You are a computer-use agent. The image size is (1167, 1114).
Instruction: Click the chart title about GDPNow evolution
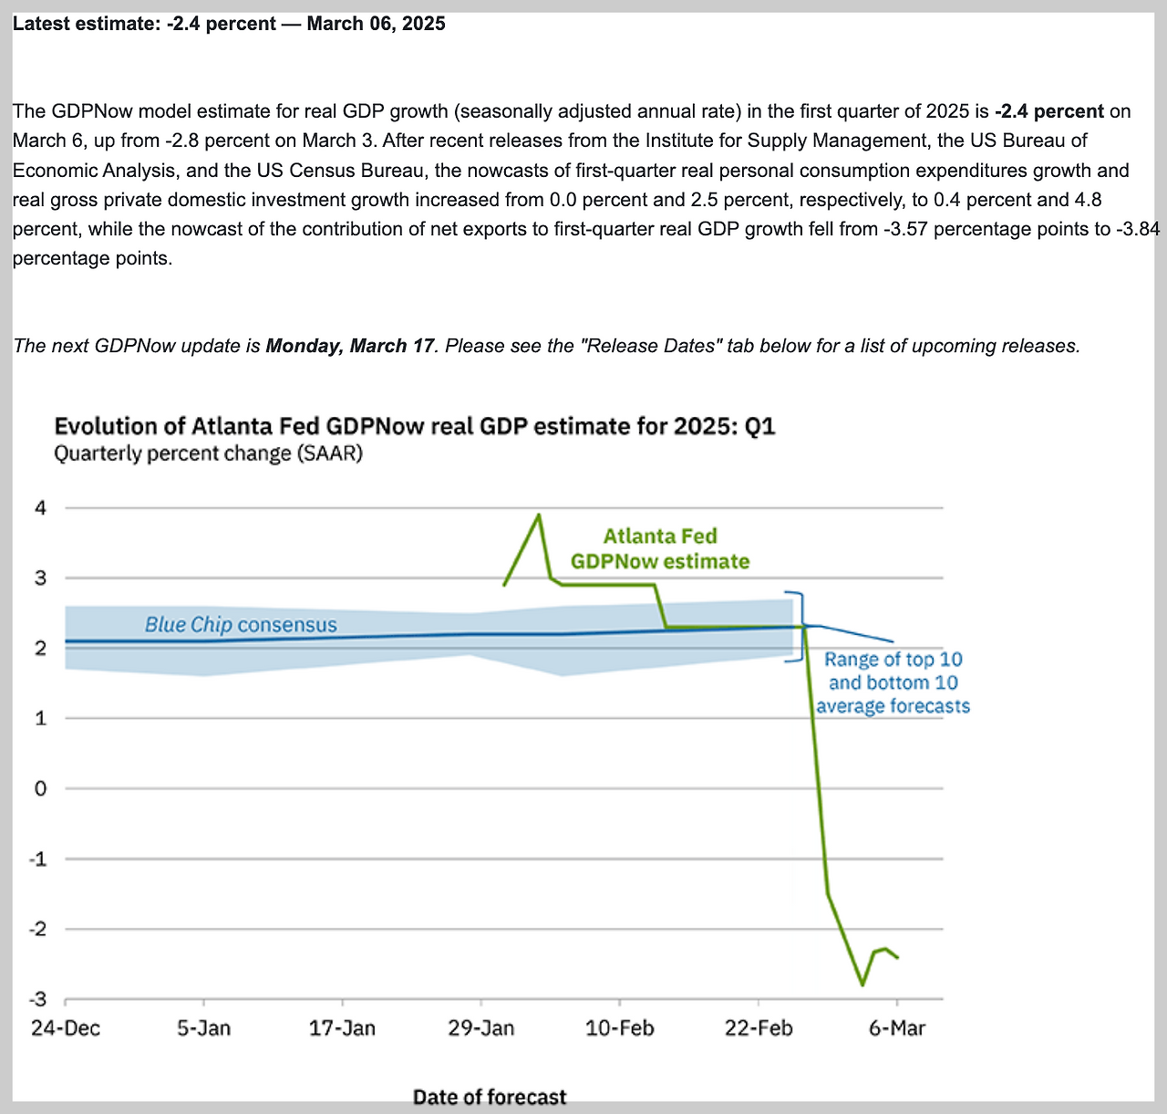[x=415, y=426]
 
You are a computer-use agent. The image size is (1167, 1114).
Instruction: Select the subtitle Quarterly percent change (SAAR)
[x=208, y=453]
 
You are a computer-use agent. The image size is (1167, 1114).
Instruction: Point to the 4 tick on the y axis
[x=40, y=507]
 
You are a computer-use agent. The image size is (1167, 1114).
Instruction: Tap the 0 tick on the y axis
[x=40, y=788]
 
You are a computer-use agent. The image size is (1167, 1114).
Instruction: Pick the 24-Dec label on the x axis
[x=66, y=1028]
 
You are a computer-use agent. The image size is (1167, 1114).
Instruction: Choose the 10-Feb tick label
[x=620, y=1028]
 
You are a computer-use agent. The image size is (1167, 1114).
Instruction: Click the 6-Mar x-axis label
[x=897, y=1028]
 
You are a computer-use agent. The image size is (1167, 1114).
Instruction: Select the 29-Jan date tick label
[x=481, y=1028]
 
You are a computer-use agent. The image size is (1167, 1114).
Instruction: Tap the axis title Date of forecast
[x=490, y=1097]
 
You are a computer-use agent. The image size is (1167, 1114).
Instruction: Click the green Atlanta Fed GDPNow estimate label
[x=660, y=548]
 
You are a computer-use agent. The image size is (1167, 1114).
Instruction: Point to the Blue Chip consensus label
[x=241, y=625]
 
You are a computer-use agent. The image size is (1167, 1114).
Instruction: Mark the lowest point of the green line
[x=862, y=985]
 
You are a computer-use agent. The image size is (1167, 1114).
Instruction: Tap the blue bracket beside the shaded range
[x=801, y=626]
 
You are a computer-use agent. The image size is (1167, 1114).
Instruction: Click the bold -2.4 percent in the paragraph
[x=1048, y=111]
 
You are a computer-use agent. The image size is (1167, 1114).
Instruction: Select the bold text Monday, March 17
[x=350, y=346]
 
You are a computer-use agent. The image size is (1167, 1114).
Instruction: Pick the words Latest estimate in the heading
[x=84, y=24]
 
